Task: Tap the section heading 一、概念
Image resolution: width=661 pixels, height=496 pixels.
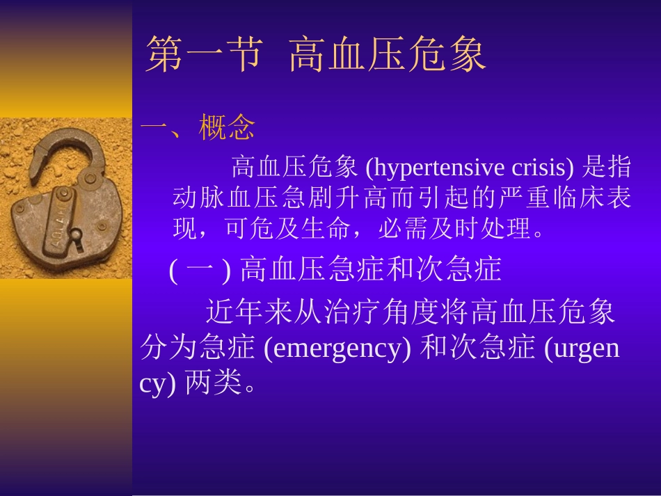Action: point(198,127)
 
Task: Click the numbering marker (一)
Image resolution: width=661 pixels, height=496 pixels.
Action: point(200,270)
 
